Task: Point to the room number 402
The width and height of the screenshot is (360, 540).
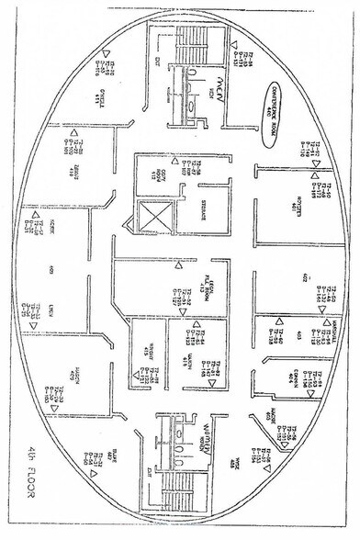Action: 304,280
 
